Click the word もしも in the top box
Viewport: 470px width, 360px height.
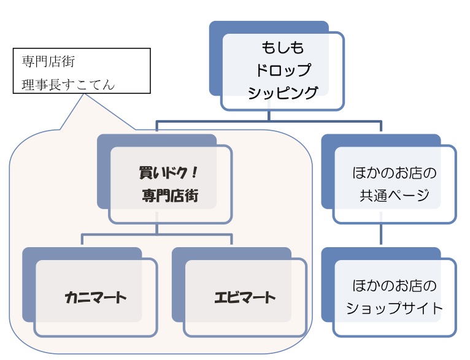(x=283, y=47)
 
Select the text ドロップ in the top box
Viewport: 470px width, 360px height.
(x=283, y=70)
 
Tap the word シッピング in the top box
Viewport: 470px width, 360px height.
(x=283, y=93)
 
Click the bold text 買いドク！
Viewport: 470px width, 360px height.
(x=168, y=173)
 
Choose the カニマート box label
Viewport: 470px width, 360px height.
(x=95, y=298)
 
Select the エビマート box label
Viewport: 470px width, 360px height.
(x=245, y=298)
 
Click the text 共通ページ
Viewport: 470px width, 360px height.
(x=394, y=196)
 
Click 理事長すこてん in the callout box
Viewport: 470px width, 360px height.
(x=67, y=84)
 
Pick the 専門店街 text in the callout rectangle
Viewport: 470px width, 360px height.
(x=48, y=62)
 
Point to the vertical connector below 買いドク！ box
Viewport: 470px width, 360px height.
(x=157, y=229)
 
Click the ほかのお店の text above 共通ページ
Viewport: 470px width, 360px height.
(x=394, y=173)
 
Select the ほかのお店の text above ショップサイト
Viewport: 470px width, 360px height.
(x=394, y=285)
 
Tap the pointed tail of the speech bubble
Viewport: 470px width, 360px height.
(x=61, y=128)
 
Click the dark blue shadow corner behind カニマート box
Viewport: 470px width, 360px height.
(x=28, y=254)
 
